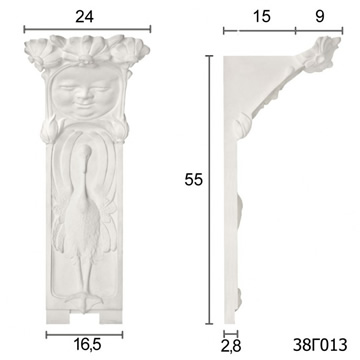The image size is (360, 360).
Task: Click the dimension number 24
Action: click(84, 17)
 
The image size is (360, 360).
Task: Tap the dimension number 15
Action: click(262, 17)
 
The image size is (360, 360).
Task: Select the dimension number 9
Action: click(319, 17)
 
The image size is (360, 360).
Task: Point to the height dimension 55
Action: click(194, 180)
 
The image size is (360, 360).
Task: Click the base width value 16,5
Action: click(87, 345)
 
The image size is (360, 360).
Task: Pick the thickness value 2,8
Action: click(231, 347)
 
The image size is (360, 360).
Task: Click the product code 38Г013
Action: click(320, 345)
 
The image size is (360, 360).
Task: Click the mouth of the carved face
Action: click(84, 107)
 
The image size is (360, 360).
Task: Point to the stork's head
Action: click(87, 153)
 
